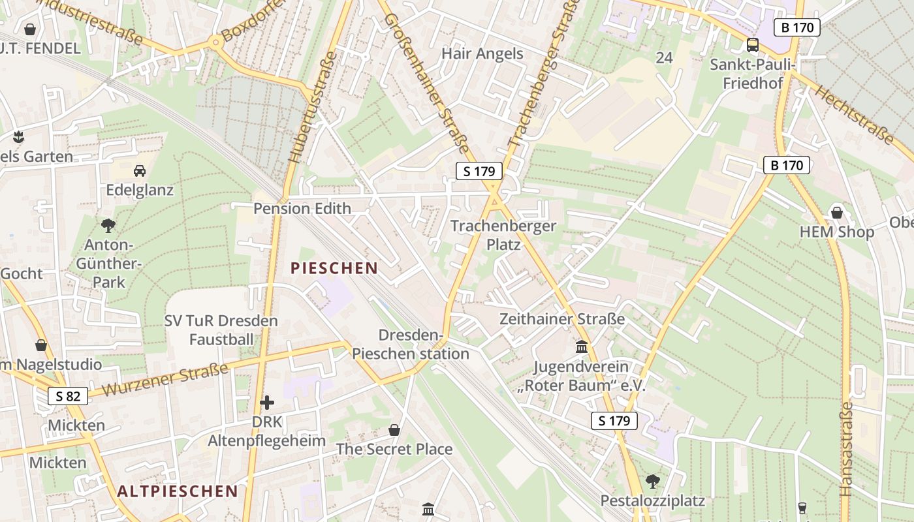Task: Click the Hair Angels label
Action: click(x=482, y=54)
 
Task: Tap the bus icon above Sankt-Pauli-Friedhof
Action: click(x=753, y=45)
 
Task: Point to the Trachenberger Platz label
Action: click(x=503, y=235)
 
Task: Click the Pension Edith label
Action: click(x=302, y=209)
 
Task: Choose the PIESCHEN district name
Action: click(x=334, y=268)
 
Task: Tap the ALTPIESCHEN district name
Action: click(x=178, y=491)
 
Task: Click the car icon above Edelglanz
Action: click(x=140, y=171)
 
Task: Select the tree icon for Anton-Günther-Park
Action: click(x=108, y=226)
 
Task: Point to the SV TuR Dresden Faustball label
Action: click(x=221, y=330)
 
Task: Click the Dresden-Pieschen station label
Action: click(x=411, y=345)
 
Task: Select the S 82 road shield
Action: click(x=68, y=395)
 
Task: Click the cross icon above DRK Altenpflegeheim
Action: click(x=266, y=403)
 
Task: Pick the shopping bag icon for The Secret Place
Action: click(x=394, y=430)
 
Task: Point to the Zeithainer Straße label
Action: click(x=562, y=319)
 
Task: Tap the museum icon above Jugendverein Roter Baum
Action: click(x=582, y=346)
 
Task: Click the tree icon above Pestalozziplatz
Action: click(x=652, y=482)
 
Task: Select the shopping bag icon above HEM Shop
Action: click(x=837, y=213)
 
